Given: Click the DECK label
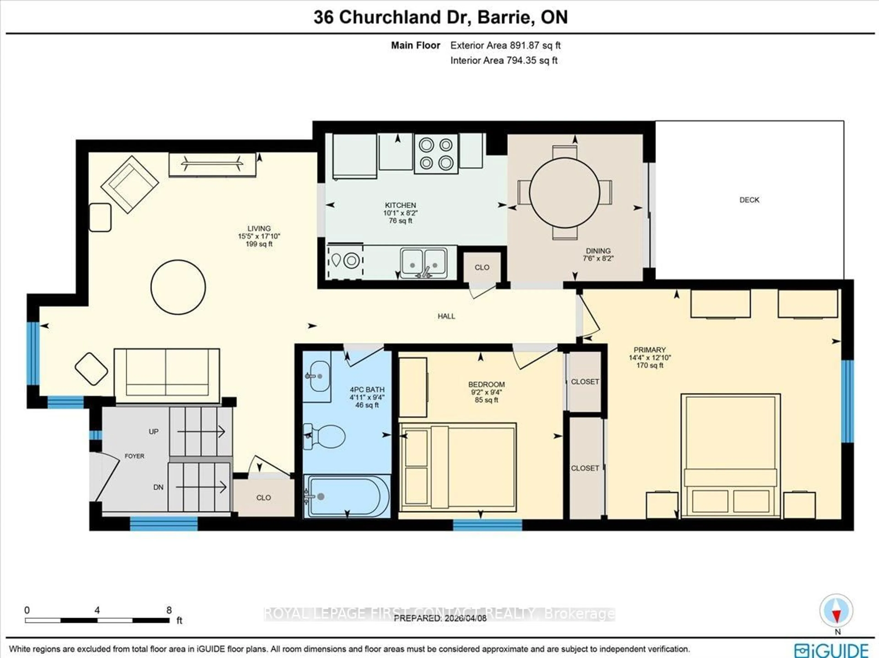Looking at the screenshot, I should (x=749, y=200).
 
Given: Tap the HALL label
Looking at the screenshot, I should (x=446, y=316).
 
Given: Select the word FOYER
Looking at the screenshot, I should (x=134, y=456).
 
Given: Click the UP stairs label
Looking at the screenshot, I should (x=153, y=431).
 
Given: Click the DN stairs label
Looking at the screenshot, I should (x=158, y=487).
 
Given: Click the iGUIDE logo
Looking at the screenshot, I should (x=831, y=650).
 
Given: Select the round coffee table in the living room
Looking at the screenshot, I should (x=178, y=287).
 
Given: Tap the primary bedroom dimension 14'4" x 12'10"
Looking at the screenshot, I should (x=649, y=357).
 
